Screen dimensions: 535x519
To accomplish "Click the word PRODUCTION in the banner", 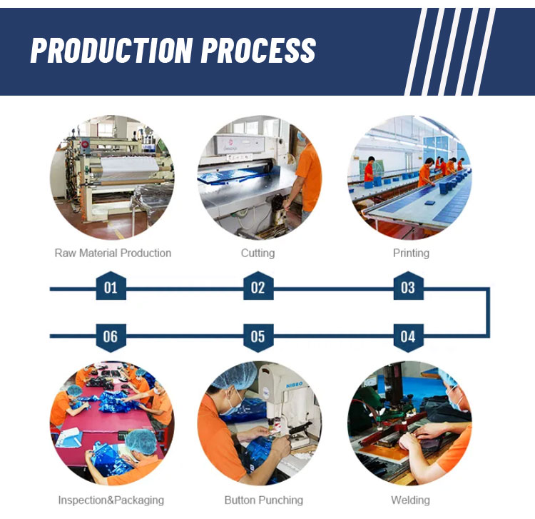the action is tap(111, 50).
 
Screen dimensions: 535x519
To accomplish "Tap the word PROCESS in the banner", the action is tap(258, 50).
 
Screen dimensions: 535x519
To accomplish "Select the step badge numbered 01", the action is tap(111, 286).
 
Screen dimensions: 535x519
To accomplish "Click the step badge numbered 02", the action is tap(258, 286).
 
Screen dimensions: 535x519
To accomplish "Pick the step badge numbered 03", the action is tap(409, 286).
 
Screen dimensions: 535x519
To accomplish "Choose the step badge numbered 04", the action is tap(409, 338).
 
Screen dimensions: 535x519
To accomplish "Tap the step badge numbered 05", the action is tap(258, 338).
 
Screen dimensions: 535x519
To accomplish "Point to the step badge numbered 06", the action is tap(111, 338).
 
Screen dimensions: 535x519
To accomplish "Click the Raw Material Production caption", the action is tap(113, 253).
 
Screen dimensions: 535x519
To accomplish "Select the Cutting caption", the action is tap(258, 253).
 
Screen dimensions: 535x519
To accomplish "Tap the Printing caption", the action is tap(411, 253).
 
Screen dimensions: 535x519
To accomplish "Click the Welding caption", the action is tap(410, 500).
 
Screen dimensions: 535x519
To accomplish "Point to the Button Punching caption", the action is tap(264, 500).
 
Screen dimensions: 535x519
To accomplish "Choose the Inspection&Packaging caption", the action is tap(111, 500).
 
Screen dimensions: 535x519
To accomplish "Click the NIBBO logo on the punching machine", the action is tap(294, 385).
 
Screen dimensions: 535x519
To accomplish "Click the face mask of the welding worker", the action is tap(456, 400).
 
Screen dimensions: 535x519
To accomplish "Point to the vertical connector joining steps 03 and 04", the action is tap(488, 313).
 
